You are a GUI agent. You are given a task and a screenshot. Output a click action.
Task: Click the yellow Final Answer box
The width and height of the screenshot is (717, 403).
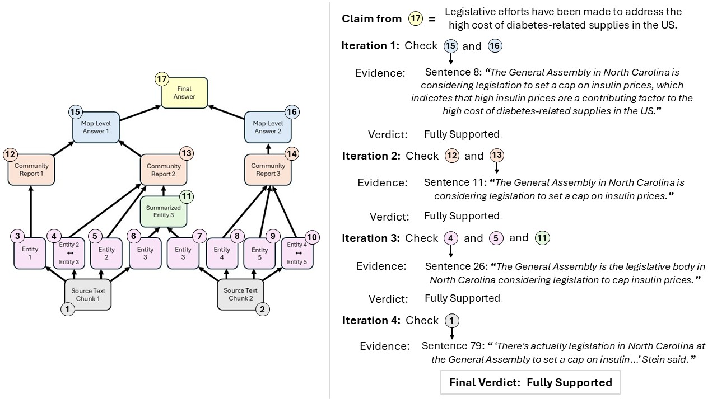click(x=184, y=93)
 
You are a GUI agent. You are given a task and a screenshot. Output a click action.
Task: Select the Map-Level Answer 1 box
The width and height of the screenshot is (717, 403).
click(x=96, y=128)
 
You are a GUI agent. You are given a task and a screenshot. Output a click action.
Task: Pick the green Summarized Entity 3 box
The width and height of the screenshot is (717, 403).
click(x=164, y=212)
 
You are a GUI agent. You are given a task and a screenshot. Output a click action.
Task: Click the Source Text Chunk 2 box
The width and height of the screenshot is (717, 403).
click(x=240, y=294)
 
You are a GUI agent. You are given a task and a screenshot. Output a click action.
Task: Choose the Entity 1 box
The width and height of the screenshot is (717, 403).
click(x=30, y=253)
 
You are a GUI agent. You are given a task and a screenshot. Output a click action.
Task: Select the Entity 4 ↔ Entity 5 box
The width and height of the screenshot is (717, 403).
click(x=297, y=254)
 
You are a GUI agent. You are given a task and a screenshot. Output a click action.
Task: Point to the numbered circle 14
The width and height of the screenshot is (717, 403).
click(x=292, y=153)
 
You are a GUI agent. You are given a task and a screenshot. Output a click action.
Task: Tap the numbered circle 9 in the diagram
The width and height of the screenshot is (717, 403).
click(x=273, y=237)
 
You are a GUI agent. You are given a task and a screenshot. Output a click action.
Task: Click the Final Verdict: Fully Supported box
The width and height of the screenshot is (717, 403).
click(x=530, y=383)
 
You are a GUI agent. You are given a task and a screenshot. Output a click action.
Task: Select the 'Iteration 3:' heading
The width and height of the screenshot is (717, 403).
click(x=370, y=238)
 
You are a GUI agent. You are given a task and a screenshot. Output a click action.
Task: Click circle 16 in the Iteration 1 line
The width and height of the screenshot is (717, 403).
click(x=495, y=46)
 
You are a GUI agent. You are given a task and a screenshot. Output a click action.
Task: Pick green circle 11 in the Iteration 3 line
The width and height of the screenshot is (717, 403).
click(x=542, y=238)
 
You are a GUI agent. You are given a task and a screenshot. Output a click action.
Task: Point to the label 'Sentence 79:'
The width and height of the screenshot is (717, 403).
click(x=448, y=346)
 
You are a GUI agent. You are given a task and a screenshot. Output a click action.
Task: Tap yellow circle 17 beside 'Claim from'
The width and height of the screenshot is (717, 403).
click(x=415, y=19)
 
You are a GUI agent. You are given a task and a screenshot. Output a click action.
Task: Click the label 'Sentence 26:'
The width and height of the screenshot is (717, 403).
click(x=451, y=266)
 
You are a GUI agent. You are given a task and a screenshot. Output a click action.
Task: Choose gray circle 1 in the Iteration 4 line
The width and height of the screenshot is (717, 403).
click(x=451, y=321)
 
